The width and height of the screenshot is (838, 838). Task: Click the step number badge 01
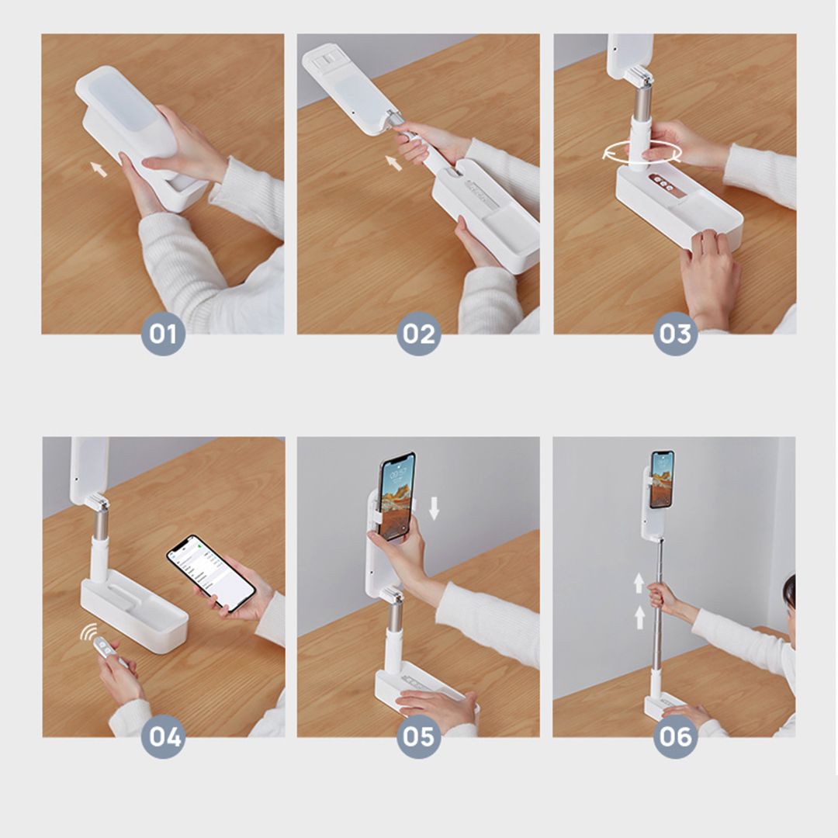point(163,334)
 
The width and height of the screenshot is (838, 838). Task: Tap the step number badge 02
point(419,334)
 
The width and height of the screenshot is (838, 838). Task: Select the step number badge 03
point(675,334)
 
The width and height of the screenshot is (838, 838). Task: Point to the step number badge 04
point(163,736)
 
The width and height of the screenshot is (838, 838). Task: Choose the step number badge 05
point(419,736)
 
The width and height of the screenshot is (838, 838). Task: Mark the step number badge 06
point(675,736)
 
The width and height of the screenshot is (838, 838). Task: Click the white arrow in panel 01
point(99,168)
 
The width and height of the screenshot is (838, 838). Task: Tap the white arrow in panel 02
point(394,162)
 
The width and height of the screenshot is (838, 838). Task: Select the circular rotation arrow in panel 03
point(642,153)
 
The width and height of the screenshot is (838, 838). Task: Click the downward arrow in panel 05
point(434,507)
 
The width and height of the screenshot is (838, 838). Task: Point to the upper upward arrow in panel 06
point(639,583)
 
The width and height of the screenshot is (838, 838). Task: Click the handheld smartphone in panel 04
point(210,572)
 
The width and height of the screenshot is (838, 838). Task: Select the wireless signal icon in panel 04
point(88,634)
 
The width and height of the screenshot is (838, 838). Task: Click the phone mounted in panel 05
point(396,496)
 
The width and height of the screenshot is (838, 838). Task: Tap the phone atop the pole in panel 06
point(662,479)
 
